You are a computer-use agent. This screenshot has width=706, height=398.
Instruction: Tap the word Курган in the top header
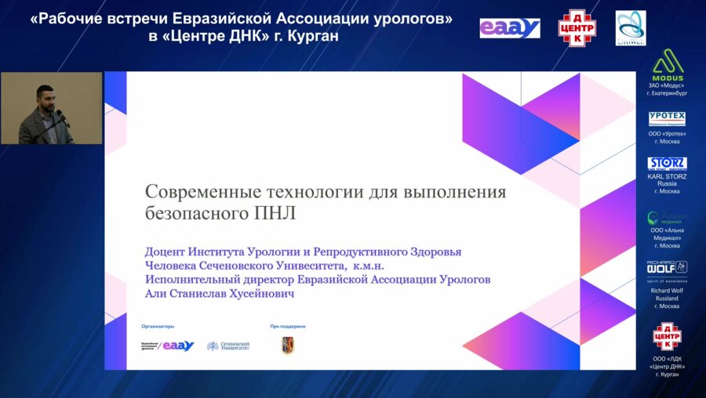pyautogui.click(x=314, y=37)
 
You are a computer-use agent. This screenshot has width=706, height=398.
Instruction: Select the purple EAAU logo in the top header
pyautogui.click(x=510, y=28)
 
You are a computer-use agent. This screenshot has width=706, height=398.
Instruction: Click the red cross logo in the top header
pyautogui.click(x=577, y=28)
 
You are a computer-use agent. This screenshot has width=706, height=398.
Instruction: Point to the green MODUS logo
pyautogui.click(x=668, y=65)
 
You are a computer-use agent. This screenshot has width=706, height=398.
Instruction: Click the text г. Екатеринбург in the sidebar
pyautogui.click(x=668, y=93)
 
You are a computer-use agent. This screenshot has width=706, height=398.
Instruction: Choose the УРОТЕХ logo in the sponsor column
pyautogui.click(x=668, y=118)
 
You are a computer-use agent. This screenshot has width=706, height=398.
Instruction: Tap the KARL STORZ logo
pyautogui.click(x=668, y=164)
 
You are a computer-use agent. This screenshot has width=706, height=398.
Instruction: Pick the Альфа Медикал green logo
pyautogui.click(x=668, y=217)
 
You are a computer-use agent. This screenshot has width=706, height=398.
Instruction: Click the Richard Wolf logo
pyautogui.click(x=668, y=268)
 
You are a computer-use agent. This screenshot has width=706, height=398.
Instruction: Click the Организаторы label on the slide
pyautogui.click(x=158, y=325)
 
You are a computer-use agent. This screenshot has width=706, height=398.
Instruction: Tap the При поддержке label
pyautogui.click(x=288, y=325)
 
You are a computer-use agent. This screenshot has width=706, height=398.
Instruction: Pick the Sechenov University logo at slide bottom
pyautogui.click(x=228, y=346)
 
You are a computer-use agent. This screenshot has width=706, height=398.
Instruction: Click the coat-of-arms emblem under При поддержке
pyautogui.click(x=288, y=346)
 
